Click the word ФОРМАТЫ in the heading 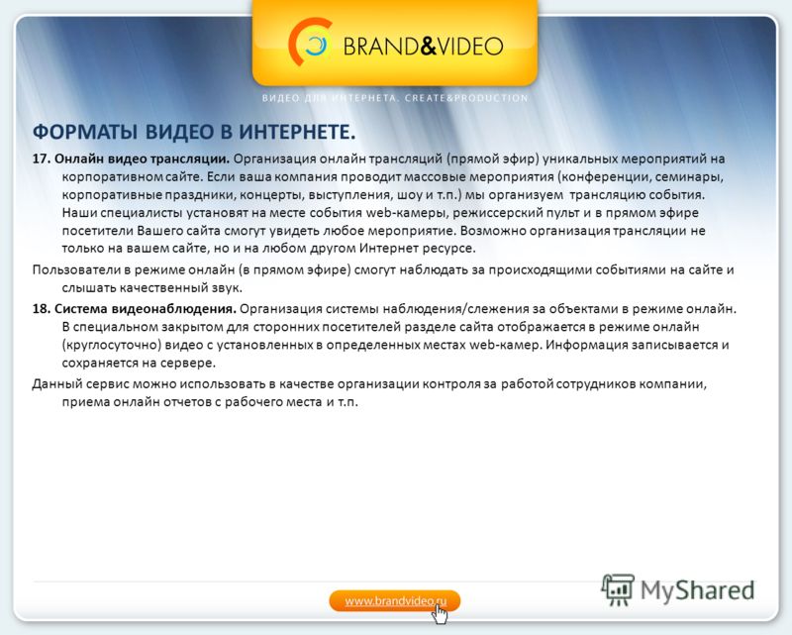tap(85, 132)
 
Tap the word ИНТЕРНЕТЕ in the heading tap(297, 132)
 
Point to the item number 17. tap(42, 159)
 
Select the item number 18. tap(42, 309)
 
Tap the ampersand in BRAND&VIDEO tap(428, 46)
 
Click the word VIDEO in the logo tap(469, 46)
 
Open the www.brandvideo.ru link tap(395, 601)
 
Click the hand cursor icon tap(440, 614)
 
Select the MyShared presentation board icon tap(618, 589)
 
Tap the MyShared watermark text tap(698, 590)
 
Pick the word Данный tap(56, 383)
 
